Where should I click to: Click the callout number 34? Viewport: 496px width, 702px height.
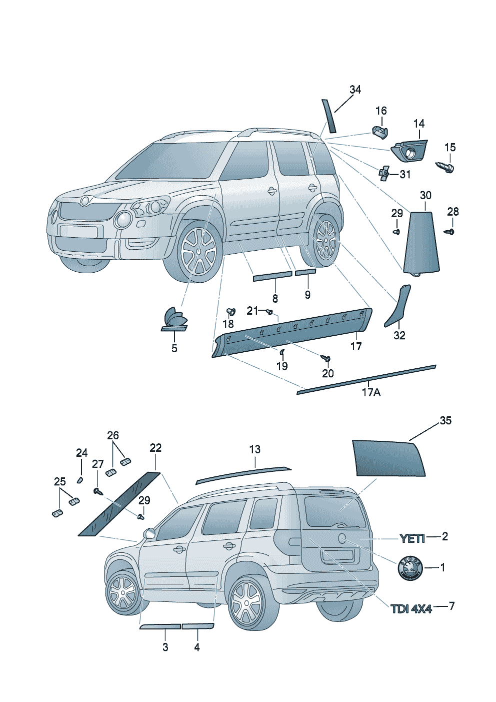pos(355,90)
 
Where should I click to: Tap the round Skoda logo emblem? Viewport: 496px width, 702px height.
pos(409,568)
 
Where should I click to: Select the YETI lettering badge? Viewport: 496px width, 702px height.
pos(412,538)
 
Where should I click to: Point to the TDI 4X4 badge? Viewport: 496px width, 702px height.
pos(411,608)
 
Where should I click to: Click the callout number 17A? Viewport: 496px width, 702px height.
pos(370,392)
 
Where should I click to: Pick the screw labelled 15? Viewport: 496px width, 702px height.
pos(446,166)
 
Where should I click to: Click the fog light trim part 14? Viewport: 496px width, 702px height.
pos(410,151)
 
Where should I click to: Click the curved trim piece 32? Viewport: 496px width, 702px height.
pos(397,305)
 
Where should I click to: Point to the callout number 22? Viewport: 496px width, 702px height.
pos(155,447)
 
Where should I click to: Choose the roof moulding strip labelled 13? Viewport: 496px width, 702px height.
pos(243,474)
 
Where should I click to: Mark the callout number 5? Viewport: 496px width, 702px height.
pos(174,348)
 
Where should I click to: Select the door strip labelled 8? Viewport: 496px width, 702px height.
pos(272,276)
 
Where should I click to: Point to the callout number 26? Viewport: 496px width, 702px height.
pos(113,435)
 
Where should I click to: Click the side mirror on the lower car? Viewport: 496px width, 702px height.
pos(148,533)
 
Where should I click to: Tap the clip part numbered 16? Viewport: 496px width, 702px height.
pos(380,132)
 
